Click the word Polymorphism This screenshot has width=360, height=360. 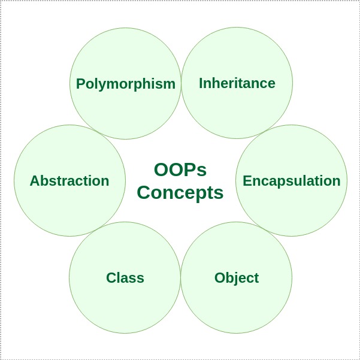tap(125, 83)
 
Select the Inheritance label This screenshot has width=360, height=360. tap(237, 83)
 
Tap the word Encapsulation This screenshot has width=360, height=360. tap(291, 180)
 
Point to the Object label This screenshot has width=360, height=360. tap(236, 278)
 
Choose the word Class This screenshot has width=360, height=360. tap(125, 278)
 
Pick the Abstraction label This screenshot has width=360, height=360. tap(69, 180)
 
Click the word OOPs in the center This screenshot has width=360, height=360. tap(180, 170)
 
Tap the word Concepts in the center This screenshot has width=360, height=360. tap(180, 192)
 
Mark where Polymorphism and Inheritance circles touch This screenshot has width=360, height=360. tap(181, 83)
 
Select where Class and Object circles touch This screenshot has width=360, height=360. tap(180, 278)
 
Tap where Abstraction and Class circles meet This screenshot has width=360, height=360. tap(97, 229)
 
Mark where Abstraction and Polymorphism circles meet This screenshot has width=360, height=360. tap(98, 132)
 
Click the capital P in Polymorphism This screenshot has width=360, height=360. tap(80, 83)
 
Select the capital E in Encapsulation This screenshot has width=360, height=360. tap(246, 180)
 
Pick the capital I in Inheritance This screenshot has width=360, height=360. tap(201, 83)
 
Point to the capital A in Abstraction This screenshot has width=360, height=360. tap(34, 180)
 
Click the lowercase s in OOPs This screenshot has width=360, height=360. tap(202, 171)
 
